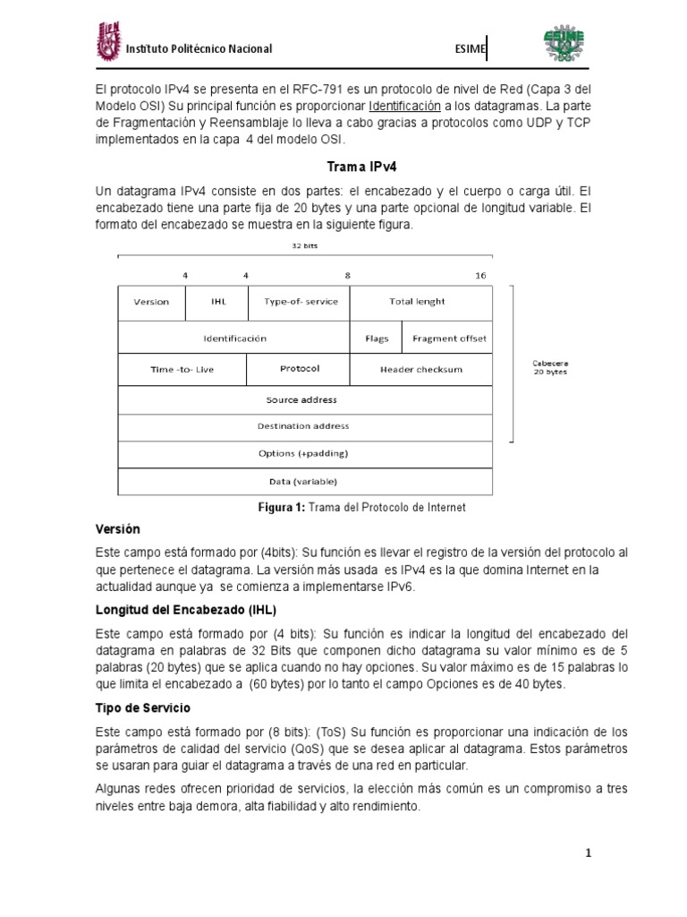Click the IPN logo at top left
tap(107, 44)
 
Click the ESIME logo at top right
tap(567, 44)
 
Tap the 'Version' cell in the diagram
tap(151, 302)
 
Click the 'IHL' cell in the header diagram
tap(218, 302)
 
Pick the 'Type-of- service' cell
tap(301, 302)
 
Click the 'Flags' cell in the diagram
tap(377, 339)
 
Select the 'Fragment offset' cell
tap(449, 339)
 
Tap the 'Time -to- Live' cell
tap(182, 369)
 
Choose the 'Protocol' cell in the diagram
tap(299, 369)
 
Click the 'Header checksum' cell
tap(420, 369)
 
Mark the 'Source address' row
tap(305, 399)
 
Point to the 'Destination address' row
tap(305, 426)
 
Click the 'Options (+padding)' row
tap(305, 453)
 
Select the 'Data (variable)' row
tap(305, 481)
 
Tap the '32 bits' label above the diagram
tap(305, 244)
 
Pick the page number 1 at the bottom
tap(589, 853)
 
